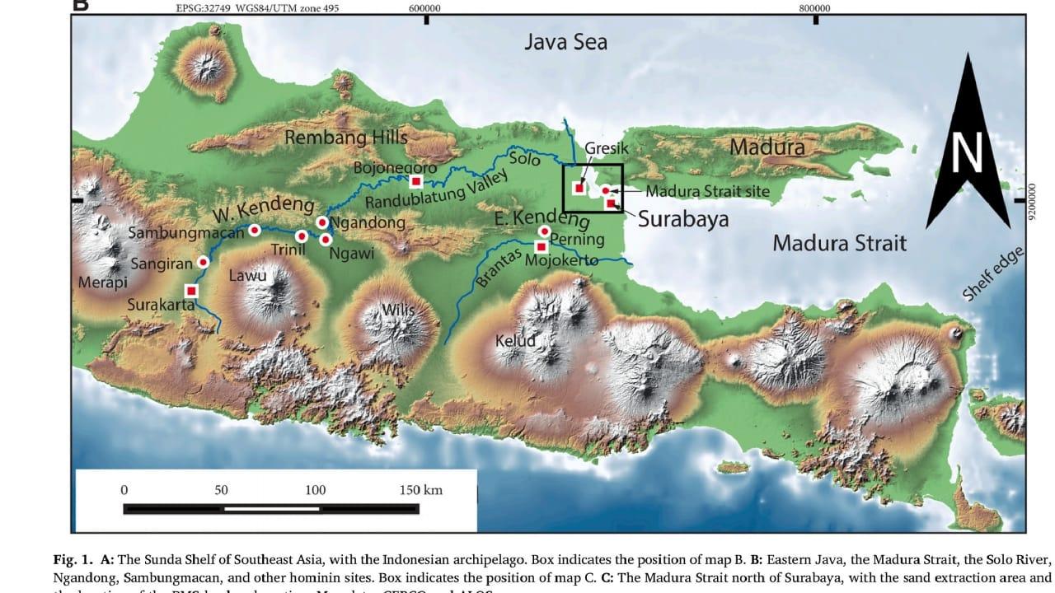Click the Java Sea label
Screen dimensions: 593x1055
[x=565, y=41]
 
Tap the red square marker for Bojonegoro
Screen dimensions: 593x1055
[x=416, y=181]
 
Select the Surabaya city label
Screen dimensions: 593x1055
[x=683, y=220]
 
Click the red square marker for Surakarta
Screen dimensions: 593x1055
[x=191, y=290]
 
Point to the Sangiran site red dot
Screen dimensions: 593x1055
[x=204, y=261]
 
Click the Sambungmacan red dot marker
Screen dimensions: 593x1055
[x=255, y=230]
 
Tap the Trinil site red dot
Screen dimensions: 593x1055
[x=302, y=236]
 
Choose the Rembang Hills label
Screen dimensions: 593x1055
[x=346, y=138]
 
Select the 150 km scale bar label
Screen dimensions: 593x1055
[x=420, y=490]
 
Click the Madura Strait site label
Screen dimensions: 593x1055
[x=707, y=191]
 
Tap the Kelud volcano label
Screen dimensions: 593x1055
[x=515, y=340]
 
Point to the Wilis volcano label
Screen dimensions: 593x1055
[x=398, y=310]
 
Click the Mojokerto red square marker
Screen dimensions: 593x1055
[x=542, y=246]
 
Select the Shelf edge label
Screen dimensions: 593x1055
[x=993, y=274]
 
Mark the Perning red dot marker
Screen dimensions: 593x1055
[x=544, y=231]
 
